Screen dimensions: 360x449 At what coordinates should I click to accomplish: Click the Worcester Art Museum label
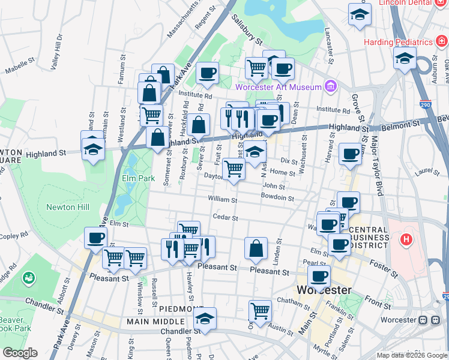pos(279,87)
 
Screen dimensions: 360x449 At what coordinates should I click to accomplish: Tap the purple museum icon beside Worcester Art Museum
pos(329,87)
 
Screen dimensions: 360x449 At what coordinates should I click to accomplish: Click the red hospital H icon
pos(407,240)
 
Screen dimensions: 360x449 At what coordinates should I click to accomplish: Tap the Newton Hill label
pos(68,207)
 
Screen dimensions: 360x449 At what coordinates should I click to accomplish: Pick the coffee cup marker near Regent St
pos(207,74)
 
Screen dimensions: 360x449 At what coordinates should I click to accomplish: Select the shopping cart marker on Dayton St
pos(234,169)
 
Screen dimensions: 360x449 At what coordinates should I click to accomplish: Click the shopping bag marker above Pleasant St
pos(256,249)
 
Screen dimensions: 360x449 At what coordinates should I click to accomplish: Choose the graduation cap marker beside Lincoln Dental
pos(360,16)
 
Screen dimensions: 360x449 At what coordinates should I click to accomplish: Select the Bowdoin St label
pos(277,197)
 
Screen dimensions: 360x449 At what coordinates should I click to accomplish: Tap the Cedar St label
pos(225,217)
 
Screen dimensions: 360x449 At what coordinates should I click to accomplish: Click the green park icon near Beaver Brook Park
pos(28,278)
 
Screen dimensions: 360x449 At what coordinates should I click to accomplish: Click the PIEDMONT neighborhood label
pos(181,308)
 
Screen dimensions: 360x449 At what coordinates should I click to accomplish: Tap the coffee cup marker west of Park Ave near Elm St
pos(95,238)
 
